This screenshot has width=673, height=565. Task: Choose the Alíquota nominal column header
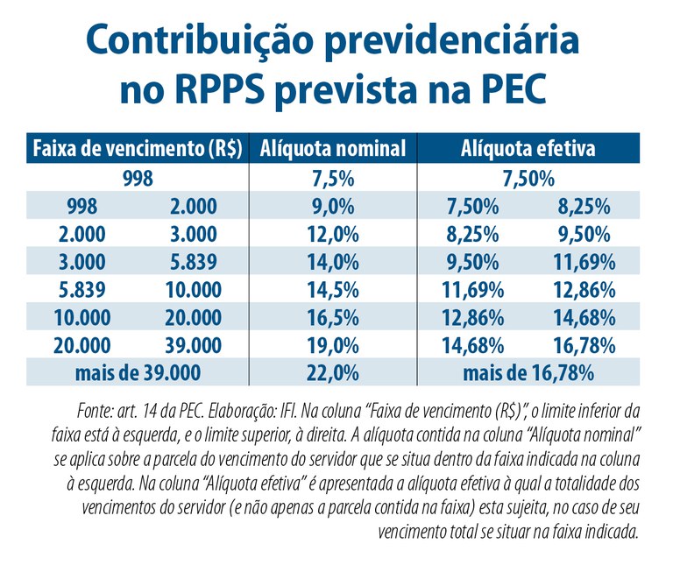point(333,149)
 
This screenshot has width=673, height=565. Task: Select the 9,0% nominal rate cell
point(333,207)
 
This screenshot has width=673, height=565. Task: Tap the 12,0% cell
point(333,234)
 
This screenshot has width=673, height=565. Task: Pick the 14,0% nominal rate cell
point(333,262)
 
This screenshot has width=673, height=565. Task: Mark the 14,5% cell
point(333,289)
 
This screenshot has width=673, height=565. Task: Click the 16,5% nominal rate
point(333,316)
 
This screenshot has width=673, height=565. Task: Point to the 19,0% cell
point(333,344)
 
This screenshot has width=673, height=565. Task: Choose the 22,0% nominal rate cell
point(333,371)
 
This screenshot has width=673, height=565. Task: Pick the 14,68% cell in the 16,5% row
point(584,316)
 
